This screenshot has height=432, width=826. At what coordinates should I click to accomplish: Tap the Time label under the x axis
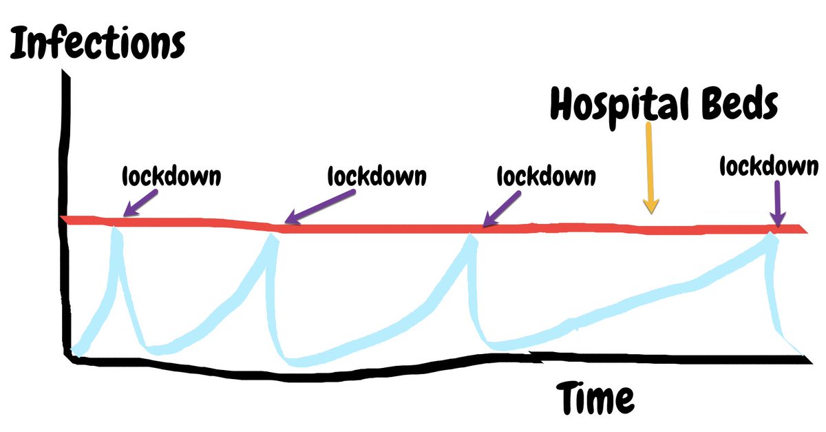(x=595, y=398)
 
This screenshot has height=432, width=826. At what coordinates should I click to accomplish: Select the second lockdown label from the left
(x=375, y=176)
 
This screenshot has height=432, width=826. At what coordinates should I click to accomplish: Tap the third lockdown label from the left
(x=546, y=176)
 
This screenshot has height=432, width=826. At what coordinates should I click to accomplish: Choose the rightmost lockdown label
(x=769, y=166)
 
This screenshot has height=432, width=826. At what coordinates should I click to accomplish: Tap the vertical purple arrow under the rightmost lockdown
(x=778, y=203)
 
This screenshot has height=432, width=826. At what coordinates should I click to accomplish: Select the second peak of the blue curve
(x=274, y=238)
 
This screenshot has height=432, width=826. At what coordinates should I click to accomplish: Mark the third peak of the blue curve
(x=471, y=238)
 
